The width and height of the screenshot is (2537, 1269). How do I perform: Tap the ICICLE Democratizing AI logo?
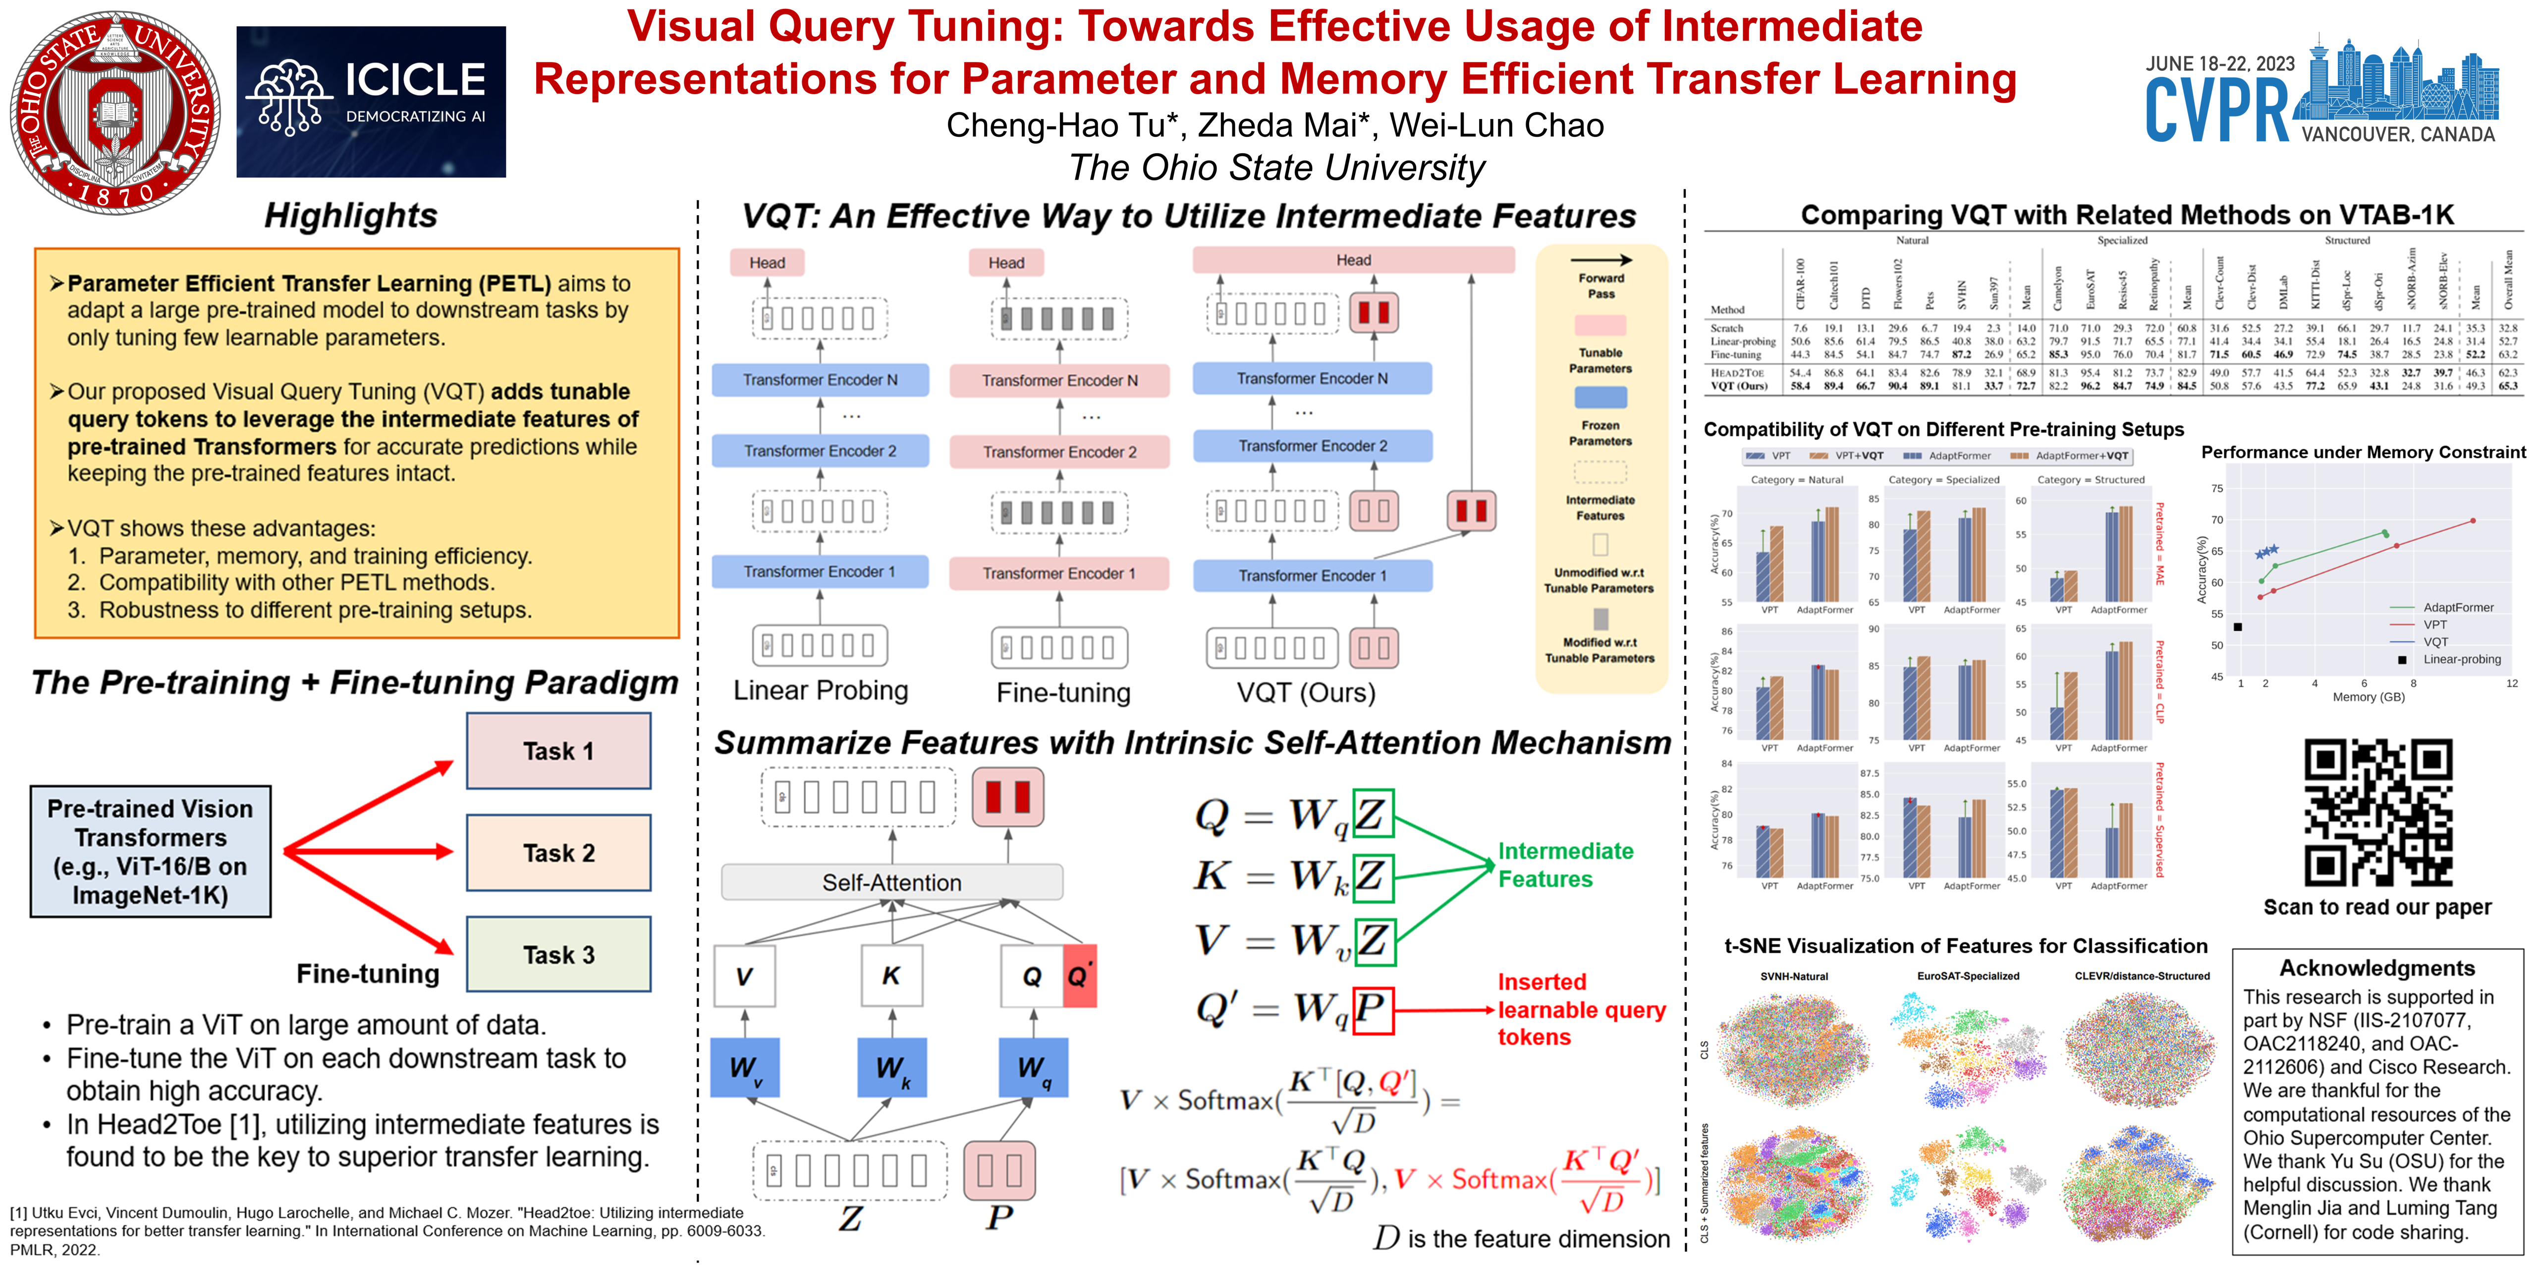[x=371, y=102]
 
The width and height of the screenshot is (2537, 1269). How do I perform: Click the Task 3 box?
[x=558, y=955]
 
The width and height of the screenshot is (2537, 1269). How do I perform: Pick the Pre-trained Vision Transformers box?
[x=151, y=851]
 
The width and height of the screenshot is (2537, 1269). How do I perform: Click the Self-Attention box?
[x=892, y=882]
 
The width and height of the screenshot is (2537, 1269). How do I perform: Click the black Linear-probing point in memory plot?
[x=2238, y=627]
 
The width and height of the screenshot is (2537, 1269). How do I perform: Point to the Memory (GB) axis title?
[x=2369, y=696]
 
